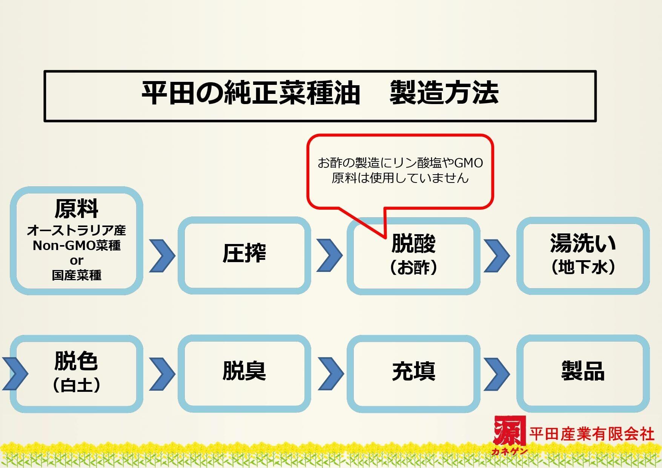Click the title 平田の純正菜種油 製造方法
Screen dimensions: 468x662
tap(320, 93)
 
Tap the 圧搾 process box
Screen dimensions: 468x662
tap(244, 253)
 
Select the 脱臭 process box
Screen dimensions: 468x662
tap(244, 371)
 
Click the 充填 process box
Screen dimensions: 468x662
tap(413, 371)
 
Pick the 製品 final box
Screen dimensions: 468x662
tap(583, 371)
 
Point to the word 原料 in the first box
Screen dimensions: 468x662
tap(77, 209)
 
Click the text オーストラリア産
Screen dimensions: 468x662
tap(77, 230)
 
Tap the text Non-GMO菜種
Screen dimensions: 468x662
tap(77, 246)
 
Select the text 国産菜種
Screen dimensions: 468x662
tap(77, 275)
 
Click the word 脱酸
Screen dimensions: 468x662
tap(413, 243)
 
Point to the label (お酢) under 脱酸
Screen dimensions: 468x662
tap(413, 267)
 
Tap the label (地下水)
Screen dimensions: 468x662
tap(583, 267)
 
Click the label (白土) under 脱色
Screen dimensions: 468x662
tap(77, 385)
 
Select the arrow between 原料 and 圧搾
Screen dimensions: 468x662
tap(162, 255)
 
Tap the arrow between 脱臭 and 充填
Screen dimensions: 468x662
tap(330, 373)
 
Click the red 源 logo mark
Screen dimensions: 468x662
tap(509, 431)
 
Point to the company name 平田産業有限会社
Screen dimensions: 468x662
tap(591, 434)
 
